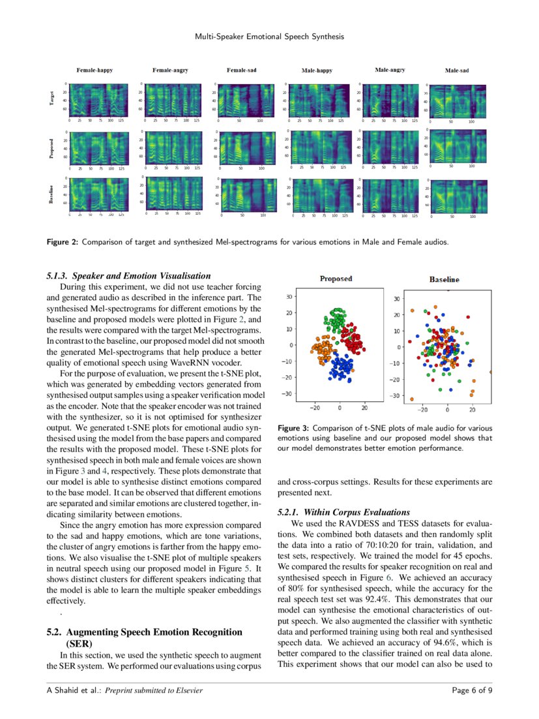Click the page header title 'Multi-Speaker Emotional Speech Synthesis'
coord(269,37)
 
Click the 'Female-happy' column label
coord(94,70)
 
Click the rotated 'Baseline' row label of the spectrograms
coord(51,194)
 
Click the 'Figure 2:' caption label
coord(62,243)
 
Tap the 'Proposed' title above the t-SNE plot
coord(336,279)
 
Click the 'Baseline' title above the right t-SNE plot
coord(444,279)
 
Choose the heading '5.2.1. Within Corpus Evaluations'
coord(343,512)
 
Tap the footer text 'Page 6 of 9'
coord(472,691)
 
